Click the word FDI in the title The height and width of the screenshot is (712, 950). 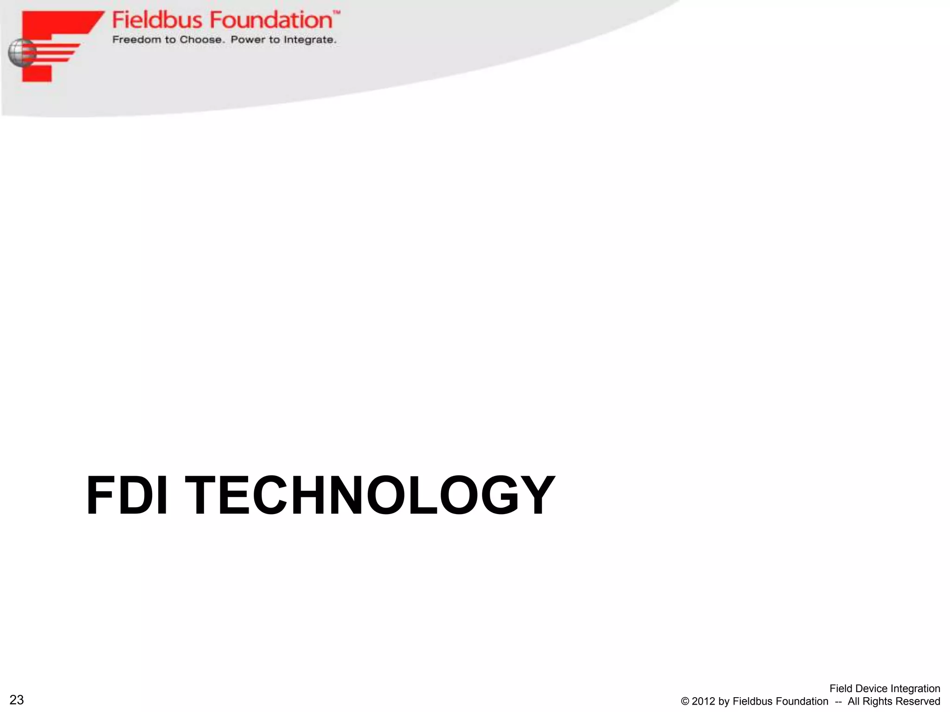126,496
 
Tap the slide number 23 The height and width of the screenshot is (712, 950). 17,700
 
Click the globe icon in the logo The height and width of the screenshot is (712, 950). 21,52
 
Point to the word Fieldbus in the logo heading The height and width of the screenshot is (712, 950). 157,20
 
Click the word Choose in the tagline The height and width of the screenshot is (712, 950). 201,40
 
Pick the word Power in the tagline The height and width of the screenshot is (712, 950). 248,40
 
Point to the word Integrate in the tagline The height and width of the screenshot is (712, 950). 310,40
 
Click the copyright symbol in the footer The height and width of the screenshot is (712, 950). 685,702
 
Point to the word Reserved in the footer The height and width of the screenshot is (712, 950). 920,702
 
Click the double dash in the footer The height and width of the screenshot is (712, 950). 838,702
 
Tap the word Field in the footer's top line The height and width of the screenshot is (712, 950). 840,689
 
